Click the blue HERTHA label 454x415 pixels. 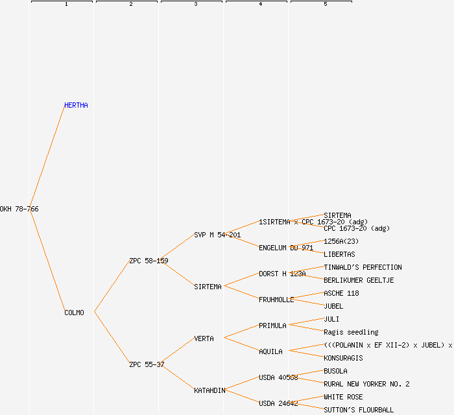[x=76, y=105]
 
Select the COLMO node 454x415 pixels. [x=74, y=313]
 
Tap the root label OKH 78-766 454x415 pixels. [x=19, y=209]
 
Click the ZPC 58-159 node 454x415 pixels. [x=149, y=261]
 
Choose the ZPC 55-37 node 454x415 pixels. [x=147, y=364]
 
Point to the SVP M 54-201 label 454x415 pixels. [x=217, y=235]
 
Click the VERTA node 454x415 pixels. [x=204, y=338]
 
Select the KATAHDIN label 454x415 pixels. [x=209, y=390]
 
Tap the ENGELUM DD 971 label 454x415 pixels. [x=286, y=248]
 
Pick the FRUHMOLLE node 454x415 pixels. [x=276, y=300]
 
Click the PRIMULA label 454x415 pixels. [x=272, y=326]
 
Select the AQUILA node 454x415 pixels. [x=270, y=351]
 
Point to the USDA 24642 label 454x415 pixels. [x=278, y=403]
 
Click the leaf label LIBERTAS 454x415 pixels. [x=339, y=254]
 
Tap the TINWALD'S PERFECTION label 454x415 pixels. [x=363, y=267]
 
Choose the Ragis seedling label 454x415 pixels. [x=351, y=332]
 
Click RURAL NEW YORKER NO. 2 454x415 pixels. [x=366, y=384]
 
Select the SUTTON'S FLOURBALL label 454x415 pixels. [x=359, y=410]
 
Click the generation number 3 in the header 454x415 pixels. [x=195, y=5]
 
